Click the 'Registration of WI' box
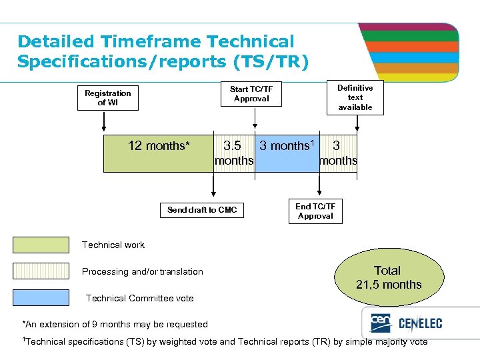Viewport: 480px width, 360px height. tap(107, 98)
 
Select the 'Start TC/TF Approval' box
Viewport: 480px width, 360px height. tap(251, 94)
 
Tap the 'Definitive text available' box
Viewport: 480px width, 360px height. tap(355, 97)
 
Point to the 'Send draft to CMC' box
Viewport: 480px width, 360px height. tap(202, 210)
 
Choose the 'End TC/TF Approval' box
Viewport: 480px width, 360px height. tap(315, 211)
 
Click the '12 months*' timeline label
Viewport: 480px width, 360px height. tap(159, 146)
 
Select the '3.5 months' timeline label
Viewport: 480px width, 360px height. tap(233, 153)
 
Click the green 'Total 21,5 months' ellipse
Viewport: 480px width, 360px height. tap(389, 277)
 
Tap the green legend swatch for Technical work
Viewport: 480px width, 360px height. tap(41, 245)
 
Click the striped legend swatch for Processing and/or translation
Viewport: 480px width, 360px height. tap(41, 271)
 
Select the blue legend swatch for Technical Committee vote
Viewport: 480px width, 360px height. tap(41, 298)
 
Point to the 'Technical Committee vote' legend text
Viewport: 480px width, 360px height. tap(140, 298)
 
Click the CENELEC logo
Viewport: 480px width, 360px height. tap(407, 325)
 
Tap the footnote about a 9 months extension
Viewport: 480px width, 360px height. tap(115, 324)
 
